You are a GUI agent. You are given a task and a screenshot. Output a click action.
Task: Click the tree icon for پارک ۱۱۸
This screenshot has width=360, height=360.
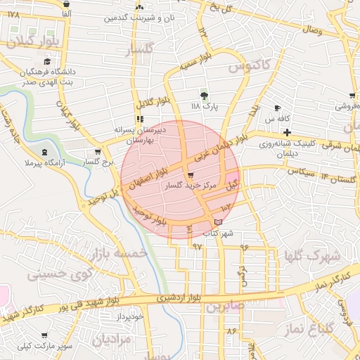[x=205, y=95]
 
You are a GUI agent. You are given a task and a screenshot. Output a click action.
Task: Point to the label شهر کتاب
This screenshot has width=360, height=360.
[x=217, y=233]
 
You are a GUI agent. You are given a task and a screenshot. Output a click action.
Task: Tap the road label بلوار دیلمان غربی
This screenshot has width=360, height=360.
[x=230, y=143]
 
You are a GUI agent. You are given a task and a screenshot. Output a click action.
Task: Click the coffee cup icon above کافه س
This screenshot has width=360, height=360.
[x=278, y=108]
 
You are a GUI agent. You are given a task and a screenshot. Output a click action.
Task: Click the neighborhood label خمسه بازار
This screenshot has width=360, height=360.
[x=115, y=252]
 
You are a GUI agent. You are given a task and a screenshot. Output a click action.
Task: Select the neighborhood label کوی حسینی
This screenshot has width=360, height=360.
[x=56, y=274]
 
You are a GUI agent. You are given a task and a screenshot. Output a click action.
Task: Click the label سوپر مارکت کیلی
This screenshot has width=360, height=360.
[x=46, y=346]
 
